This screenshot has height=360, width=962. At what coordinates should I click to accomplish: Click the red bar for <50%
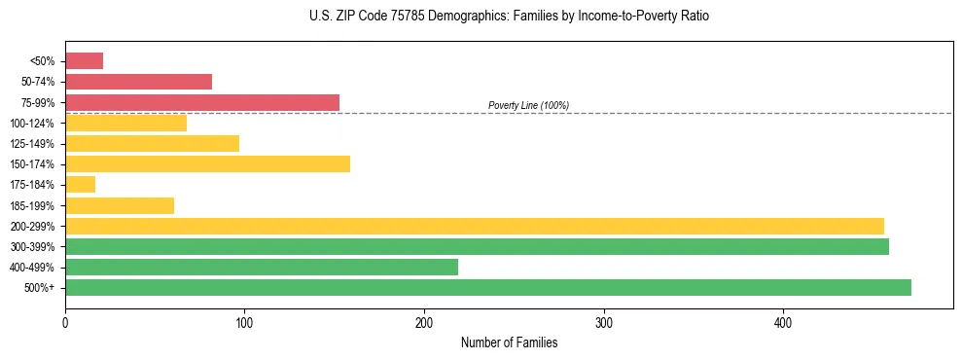[84, 61]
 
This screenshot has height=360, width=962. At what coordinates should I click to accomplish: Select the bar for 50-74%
[138, 82]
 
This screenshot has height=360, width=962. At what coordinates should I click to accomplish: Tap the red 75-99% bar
[202, 102]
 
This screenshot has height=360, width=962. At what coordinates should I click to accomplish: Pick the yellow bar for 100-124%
[125, 124]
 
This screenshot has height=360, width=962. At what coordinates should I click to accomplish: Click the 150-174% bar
[207, 164]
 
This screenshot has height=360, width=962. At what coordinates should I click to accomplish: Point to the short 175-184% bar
[80, 185]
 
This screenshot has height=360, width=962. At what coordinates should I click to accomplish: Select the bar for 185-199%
[120, 205]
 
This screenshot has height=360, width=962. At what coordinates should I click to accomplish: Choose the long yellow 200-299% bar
[475, 227]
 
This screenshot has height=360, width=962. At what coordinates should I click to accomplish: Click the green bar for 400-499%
[262, 268]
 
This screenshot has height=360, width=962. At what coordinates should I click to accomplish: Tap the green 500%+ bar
[488, 288]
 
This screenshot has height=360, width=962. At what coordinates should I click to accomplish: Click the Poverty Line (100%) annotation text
[528, 105]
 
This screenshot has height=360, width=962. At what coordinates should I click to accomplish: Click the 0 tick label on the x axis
[65, 322]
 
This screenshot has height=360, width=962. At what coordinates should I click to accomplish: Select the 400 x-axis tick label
[783, 322]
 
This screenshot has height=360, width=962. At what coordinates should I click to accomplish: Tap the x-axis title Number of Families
[509, 342]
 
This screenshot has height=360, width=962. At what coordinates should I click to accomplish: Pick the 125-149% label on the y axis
[33, 144]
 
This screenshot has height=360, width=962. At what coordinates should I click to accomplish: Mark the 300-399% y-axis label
[33, 247]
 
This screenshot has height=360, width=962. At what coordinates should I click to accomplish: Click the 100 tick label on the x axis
[244, 322]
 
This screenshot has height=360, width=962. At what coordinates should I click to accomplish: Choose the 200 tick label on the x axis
[424, 322]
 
